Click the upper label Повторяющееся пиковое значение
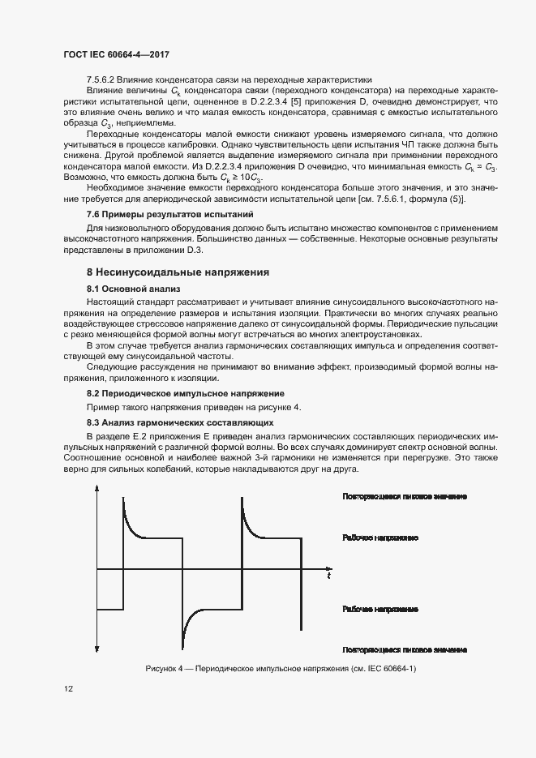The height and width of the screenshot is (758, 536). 405,495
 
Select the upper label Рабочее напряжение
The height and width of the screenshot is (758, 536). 379,537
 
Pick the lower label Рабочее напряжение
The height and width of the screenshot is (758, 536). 379,607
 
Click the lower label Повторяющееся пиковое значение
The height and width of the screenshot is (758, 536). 405,649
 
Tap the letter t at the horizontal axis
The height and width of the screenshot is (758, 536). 329,576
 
